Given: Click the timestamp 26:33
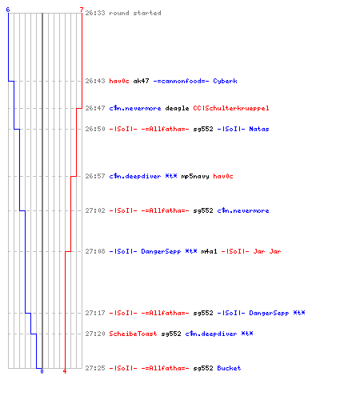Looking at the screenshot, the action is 95,13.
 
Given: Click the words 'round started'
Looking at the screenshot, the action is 135,13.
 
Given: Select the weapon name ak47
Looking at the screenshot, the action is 141,81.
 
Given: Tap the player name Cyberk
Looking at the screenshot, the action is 225,81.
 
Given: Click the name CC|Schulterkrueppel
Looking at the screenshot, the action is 231,108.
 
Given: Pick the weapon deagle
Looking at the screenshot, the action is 177,108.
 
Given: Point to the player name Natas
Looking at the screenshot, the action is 259,129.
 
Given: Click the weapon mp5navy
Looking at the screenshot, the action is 195,176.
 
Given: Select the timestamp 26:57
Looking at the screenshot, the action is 95,176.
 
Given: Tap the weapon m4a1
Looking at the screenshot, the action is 209,251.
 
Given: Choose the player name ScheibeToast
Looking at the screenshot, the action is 133,334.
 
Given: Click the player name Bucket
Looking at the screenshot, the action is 229,368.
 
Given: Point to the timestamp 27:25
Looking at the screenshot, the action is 95,368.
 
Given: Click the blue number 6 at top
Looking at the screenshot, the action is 8,10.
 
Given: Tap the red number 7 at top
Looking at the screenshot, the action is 82,10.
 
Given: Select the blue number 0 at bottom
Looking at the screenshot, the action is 42,371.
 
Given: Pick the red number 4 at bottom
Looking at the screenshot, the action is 65,371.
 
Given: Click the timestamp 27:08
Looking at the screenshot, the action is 95,251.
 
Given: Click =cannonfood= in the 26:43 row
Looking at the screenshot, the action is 182,81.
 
